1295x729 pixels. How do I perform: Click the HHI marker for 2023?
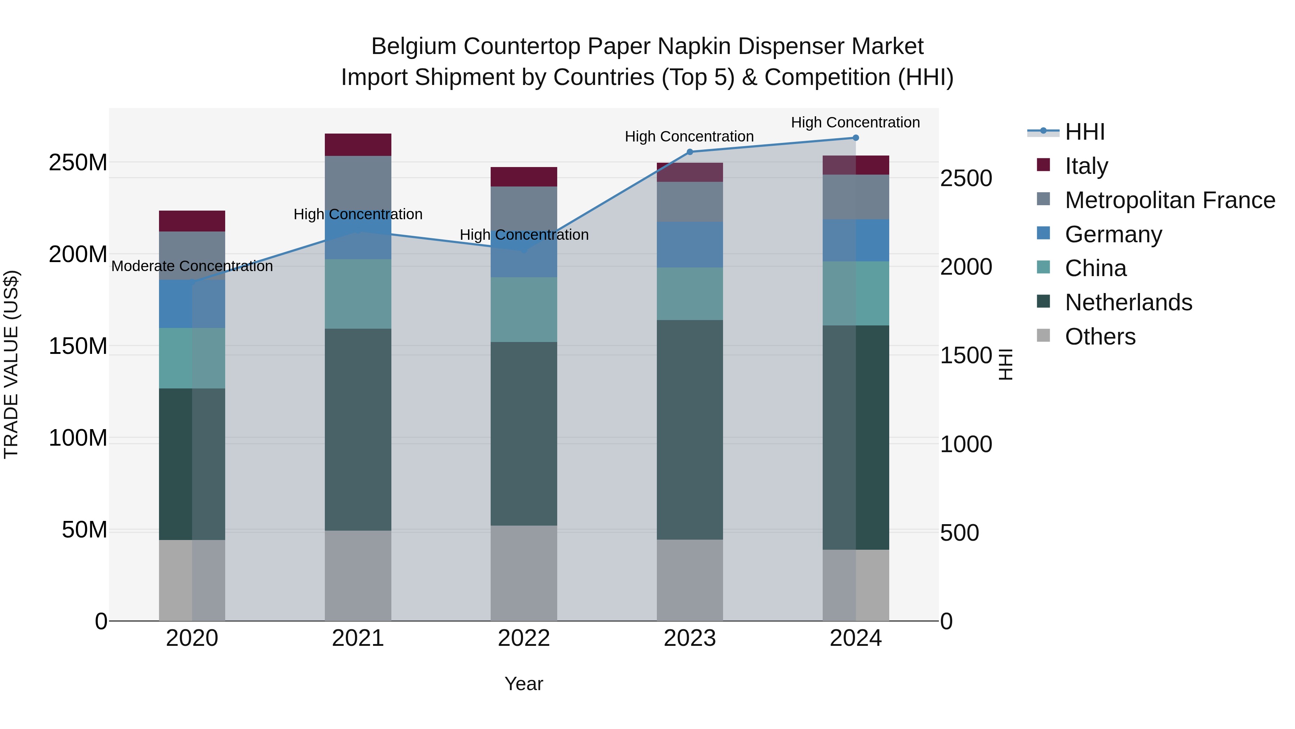690,152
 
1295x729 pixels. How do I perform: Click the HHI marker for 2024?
856,138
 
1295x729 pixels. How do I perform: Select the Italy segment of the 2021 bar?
358,145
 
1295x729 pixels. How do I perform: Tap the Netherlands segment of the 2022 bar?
524,434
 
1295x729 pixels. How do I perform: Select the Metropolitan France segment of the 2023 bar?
690,202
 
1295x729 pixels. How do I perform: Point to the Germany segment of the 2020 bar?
192,304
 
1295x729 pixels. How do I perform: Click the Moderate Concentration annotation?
192,266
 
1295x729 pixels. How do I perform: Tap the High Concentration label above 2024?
856,123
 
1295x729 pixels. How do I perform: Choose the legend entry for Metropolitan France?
1170,200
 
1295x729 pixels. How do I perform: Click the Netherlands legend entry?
1128,302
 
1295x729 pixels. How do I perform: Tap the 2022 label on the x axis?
524,638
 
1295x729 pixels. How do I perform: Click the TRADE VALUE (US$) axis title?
11,364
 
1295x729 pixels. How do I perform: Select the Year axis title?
524,684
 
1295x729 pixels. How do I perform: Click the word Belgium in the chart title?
413,46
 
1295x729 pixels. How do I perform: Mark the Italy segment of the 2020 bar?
192,221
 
